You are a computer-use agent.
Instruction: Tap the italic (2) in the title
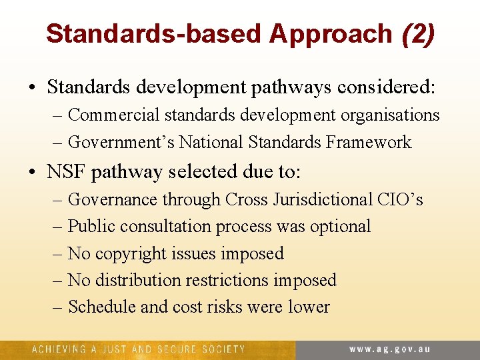point(418,34)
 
